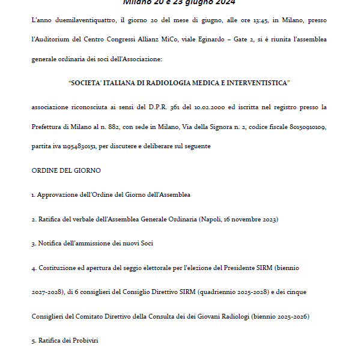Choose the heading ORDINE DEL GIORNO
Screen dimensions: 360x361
[66, 170]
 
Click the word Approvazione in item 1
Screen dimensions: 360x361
[56, 194]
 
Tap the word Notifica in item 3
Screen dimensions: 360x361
[49, 244]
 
